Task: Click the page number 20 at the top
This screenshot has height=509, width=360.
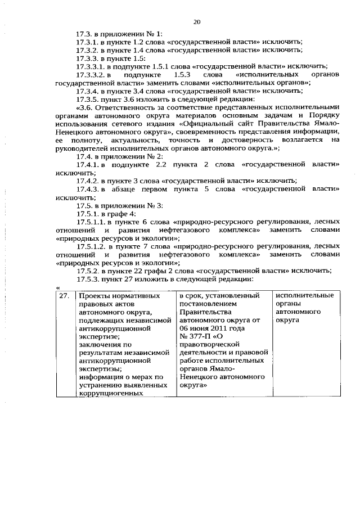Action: pyautogui.click(x=197, y=22)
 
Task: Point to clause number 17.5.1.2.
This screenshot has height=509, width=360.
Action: pyautogui.click(x=92, y=246)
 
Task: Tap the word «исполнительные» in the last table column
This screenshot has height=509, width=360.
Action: pyautogui.click(x=304, y=295)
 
